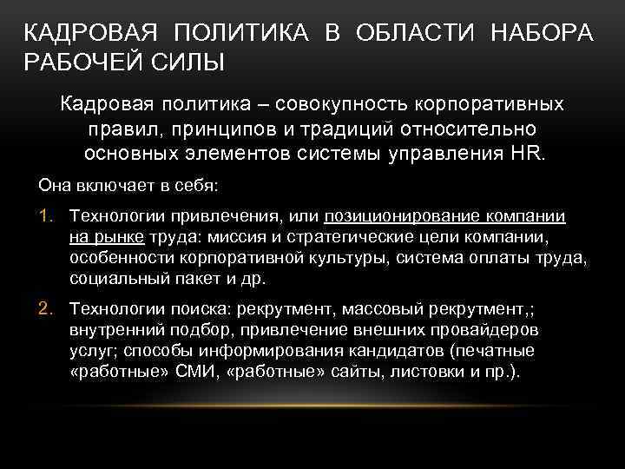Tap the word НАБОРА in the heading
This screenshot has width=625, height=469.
click(x=543, y=34)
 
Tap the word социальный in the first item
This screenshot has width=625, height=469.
click(x=114, y=279)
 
